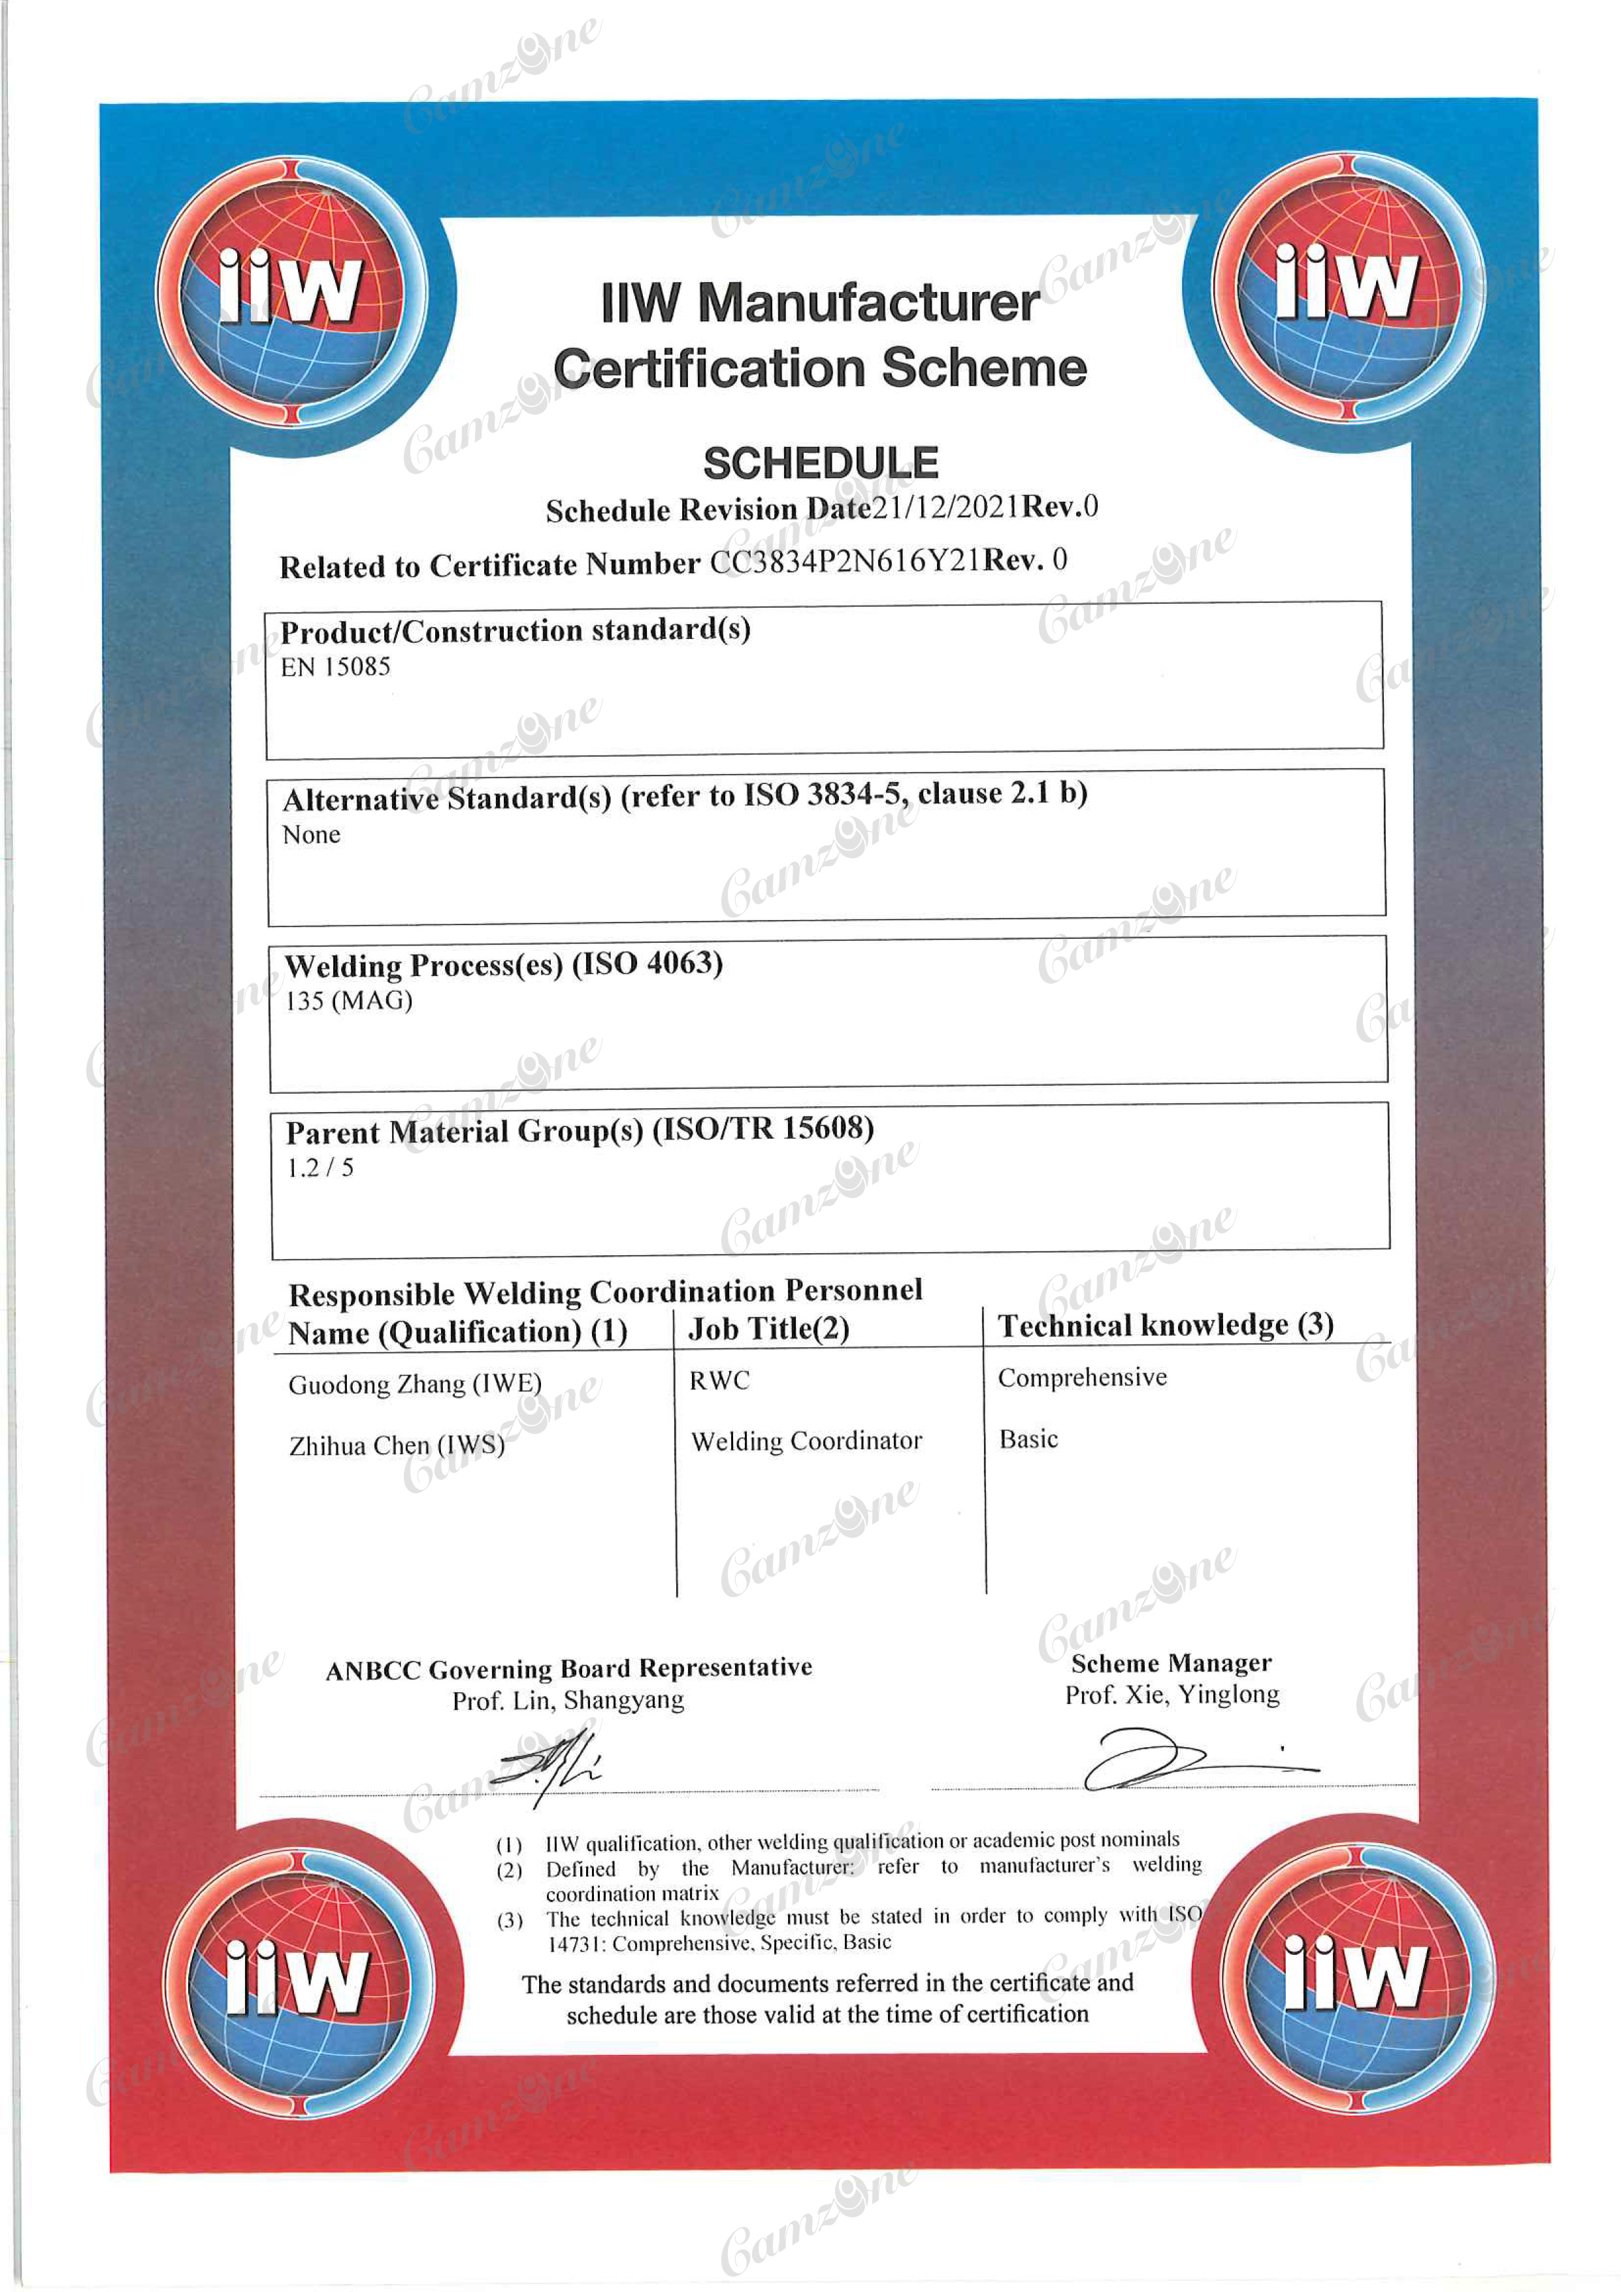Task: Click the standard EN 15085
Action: (x=335, y=668)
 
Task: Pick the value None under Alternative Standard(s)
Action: (x=312, y=834)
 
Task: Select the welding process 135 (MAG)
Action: (x=350, y=1000)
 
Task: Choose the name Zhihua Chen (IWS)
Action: (x=397, y=1445)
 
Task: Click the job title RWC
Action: (x=719, y=1381)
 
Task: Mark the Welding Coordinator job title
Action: (x=806, y=1441)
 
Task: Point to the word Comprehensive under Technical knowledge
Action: (x=1082, y=1377)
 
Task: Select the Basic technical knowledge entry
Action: (x=1028, y=1439)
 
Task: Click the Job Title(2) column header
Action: (x=768, y=1329)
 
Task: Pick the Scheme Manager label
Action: (x=1171, y=1663)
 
